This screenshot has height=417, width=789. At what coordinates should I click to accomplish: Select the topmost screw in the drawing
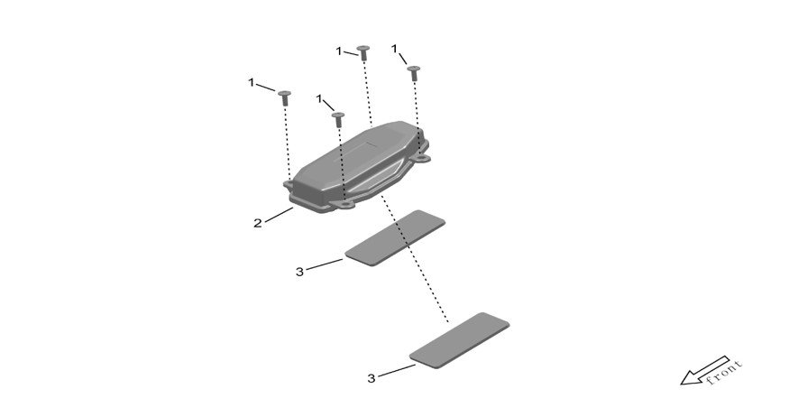(363, 51)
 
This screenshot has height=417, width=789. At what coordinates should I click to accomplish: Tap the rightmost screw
(414, 72)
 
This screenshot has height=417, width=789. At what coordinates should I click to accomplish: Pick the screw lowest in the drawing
(338, 119)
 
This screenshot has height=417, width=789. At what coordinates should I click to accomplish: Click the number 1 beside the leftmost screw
(251, 82)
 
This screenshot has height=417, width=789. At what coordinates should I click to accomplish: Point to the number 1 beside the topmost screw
(339, 51)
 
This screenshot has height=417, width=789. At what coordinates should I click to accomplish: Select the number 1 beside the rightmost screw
(395, 49)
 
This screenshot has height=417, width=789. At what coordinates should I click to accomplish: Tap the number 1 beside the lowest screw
(319, 99)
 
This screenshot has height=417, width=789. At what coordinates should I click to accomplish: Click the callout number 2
(258, 223)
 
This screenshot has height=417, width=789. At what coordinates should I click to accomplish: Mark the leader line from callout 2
(280, 215)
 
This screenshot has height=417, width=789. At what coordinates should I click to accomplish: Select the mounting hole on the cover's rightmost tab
(420, 158)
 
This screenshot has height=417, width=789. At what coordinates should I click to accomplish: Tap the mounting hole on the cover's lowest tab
(345, 205)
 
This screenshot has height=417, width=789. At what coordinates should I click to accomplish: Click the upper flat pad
(395, 237)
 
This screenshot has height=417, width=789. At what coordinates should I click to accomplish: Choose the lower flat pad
(459, 340)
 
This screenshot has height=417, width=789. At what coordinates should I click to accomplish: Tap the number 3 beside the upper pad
(300, 272)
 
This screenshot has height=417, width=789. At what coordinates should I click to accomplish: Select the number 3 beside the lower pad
(372, 378)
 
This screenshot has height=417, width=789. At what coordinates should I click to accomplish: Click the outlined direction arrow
(704, 371)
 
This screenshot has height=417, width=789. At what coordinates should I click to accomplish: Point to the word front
(725, 372)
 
